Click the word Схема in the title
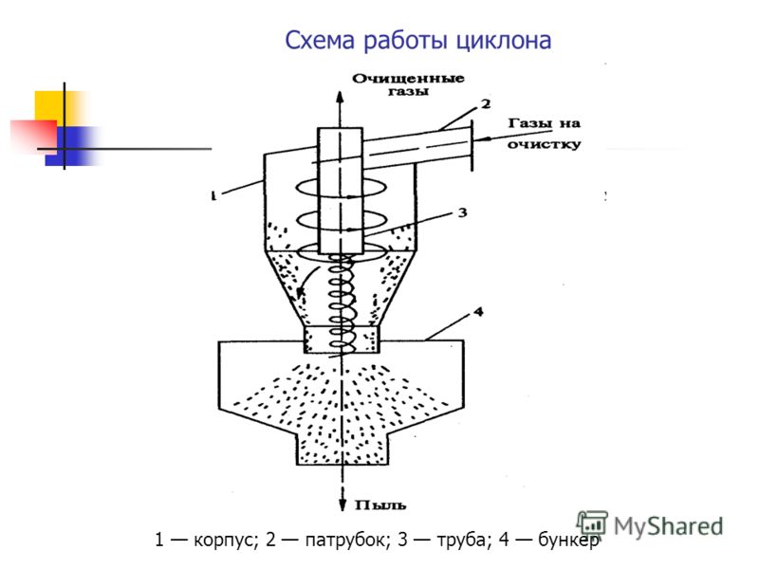320,40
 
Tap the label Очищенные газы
408,84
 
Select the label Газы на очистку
544,134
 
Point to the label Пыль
380,505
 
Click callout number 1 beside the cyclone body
213,195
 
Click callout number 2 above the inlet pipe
486,103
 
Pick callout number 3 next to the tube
462,212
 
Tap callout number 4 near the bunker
478,312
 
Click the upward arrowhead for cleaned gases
340,97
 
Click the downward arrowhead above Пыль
342,505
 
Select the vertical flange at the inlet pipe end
472,145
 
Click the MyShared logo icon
592,523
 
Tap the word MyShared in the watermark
669,526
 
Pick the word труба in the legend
461,540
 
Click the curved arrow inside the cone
306,281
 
